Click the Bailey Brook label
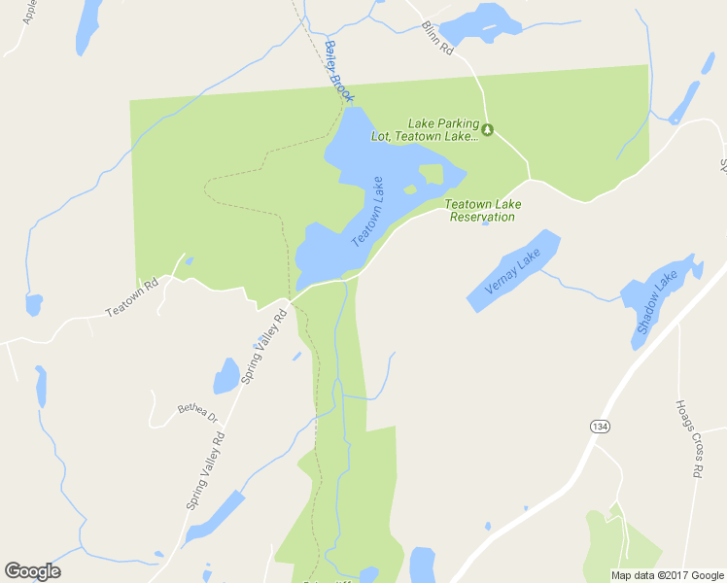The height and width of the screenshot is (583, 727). click(339, 72)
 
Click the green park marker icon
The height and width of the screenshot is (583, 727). click(489, 129)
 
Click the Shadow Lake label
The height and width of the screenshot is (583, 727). click(657, 303)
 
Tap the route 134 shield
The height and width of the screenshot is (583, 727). click(599, 426)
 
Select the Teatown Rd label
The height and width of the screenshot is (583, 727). click(131, 297)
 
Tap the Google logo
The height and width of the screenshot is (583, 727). click(32, 570)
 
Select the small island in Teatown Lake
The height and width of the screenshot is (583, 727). click(431, 175)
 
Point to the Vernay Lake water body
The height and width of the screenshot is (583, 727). click(515, 271)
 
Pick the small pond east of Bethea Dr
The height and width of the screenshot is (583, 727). click(226, 375)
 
